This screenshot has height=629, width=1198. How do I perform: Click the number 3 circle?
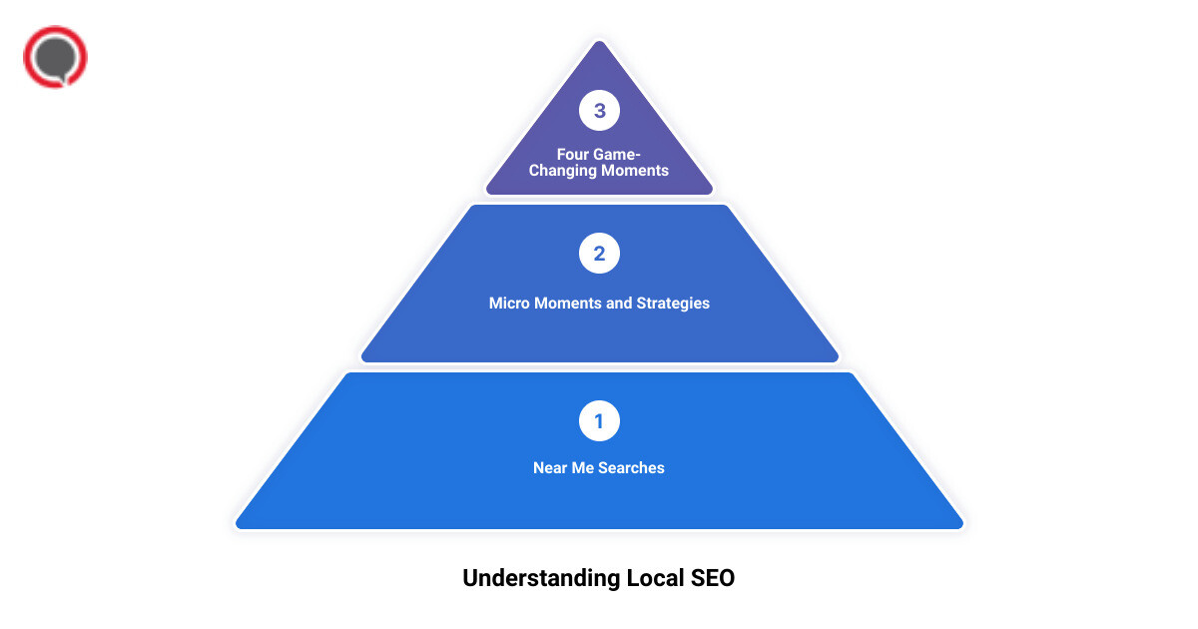point(599,111)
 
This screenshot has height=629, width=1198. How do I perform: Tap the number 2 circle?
point(599,254)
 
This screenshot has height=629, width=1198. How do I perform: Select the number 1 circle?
point(599,420)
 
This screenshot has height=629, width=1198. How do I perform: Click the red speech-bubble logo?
point(55,57)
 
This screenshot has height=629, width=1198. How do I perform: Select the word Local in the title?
point(657,578)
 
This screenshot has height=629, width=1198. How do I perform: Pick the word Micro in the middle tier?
point(510,303)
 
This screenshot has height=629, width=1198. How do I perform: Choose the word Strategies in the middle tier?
point(674,303)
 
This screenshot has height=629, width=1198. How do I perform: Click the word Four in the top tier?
point(574,155)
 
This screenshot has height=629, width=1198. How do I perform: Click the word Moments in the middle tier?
point(568,303)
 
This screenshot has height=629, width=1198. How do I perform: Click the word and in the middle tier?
point(619,303)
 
